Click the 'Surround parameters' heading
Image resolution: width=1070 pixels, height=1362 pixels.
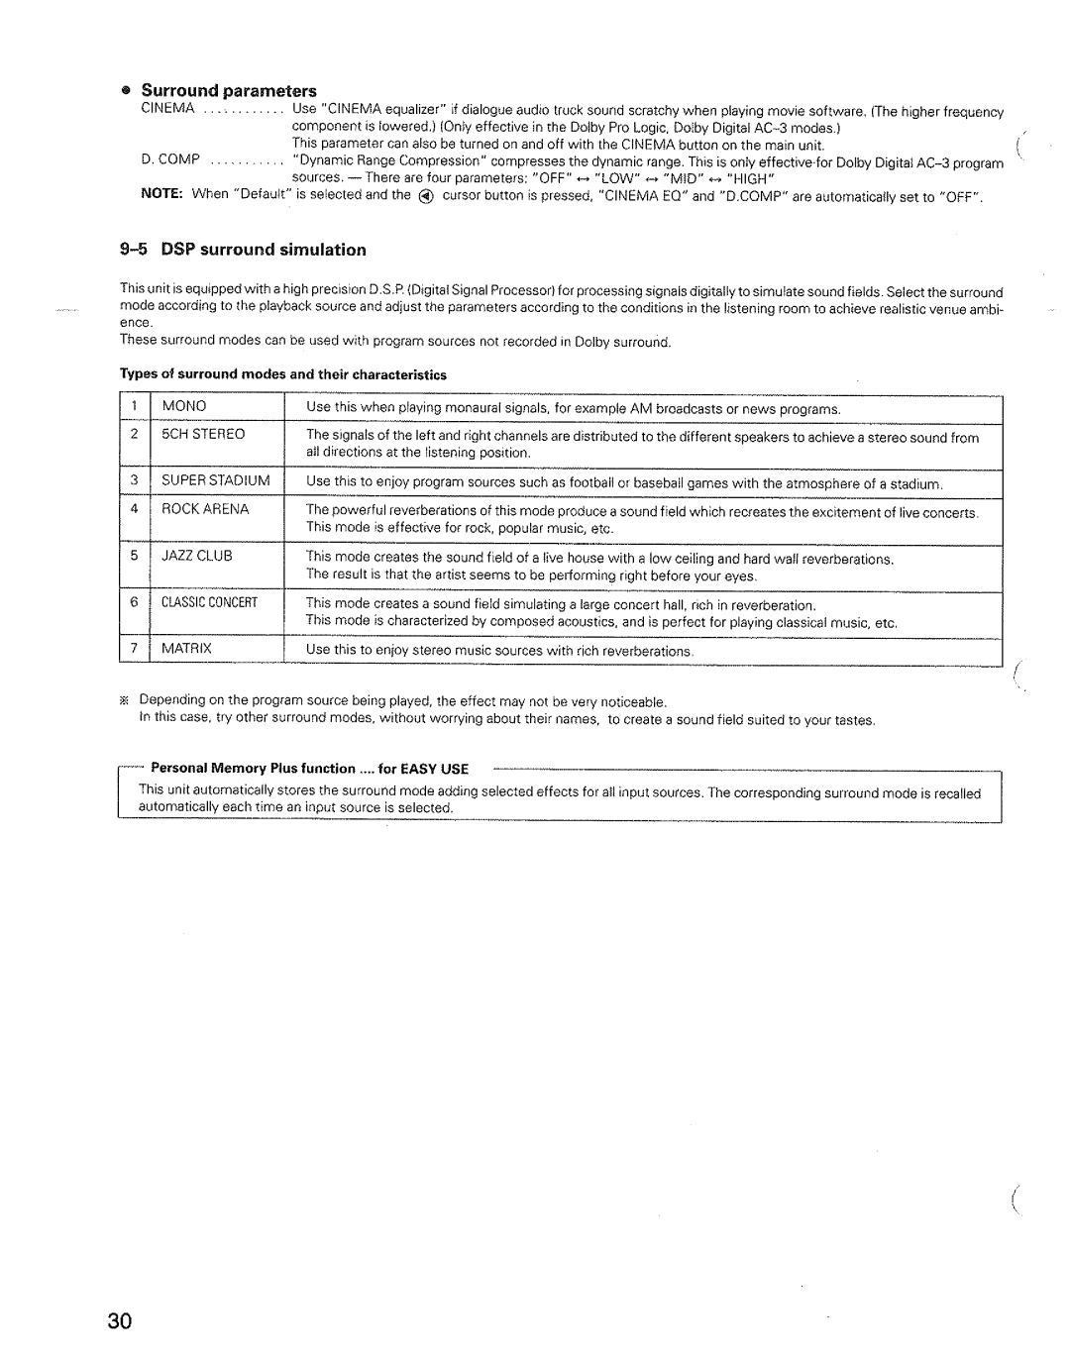(x=231, y=91)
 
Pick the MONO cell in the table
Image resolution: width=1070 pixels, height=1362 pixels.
(x=184, y=406)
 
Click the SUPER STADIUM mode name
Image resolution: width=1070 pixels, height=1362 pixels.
(x=216, y=480)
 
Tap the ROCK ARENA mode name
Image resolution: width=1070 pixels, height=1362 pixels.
(x=205, y=509)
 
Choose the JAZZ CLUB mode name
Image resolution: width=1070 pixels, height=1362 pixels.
(x=197, y=556)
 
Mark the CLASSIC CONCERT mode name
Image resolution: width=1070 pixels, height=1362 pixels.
(x=209, y=602)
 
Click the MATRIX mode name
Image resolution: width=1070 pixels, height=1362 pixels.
(x=187, y=649)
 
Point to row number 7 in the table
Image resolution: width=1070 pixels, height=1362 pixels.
(x=132, y=649)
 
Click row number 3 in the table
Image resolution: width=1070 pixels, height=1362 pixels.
(x=132, y=480)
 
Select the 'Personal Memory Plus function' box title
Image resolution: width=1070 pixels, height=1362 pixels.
(x=309, y=769)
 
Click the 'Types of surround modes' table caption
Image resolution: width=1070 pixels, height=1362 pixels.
(x=283, y=375)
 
